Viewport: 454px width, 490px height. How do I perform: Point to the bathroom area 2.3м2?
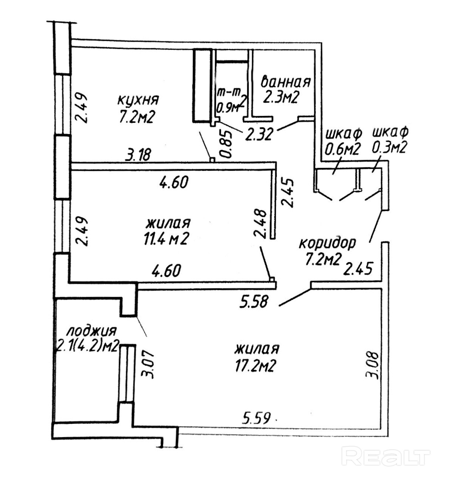281,98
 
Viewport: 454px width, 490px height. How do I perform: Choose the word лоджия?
91,331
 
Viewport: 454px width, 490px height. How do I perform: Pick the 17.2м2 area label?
256,365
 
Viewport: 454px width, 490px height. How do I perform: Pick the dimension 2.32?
259,135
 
